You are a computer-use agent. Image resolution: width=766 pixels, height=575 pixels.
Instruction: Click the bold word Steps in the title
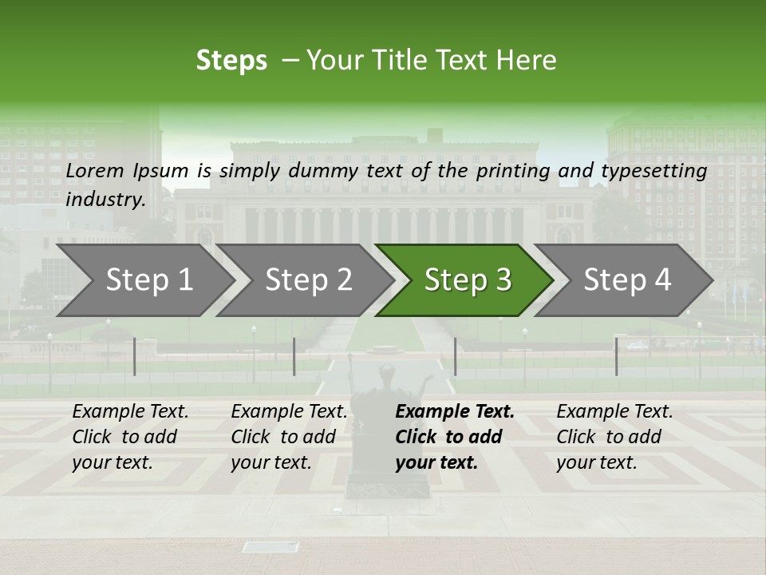tap(231, 61)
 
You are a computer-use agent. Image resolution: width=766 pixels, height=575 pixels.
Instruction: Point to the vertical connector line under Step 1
tap(135, 356)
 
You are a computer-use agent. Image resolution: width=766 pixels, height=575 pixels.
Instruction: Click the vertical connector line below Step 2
tap(294, 356)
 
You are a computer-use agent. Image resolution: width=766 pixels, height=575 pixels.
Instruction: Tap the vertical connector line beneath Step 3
tap(455, 356)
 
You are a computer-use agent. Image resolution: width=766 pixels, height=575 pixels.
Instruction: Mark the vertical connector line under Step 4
tap(616, 356)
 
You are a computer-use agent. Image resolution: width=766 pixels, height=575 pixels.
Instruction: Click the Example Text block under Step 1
tap(130, 437)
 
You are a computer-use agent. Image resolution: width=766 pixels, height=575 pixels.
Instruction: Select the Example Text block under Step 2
tap(289, 437)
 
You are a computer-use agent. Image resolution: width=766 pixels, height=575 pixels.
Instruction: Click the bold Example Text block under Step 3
tap(454, 437)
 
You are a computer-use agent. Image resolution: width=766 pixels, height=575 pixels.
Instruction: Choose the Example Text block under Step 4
tap(614, 437)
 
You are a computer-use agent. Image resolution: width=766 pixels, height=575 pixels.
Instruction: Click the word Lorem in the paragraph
tap(95, 171)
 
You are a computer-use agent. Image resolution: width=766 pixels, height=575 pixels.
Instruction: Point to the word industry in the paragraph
tap(104, 200)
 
